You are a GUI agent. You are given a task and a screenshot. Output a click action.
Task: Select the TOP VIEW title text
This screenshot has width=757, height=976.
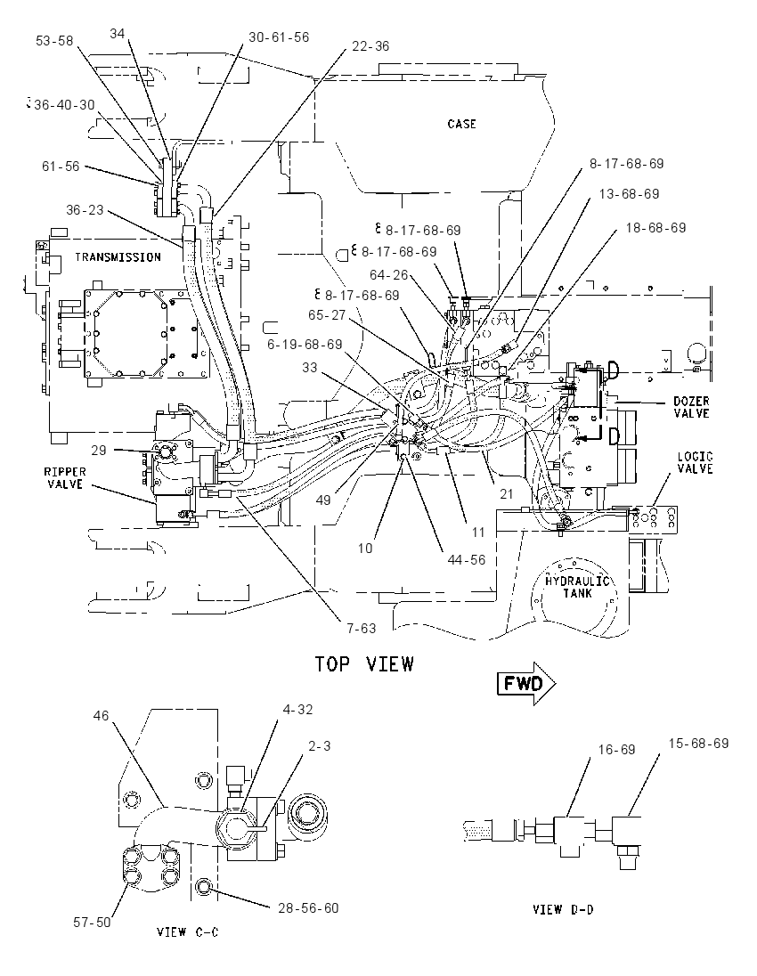(364, 664)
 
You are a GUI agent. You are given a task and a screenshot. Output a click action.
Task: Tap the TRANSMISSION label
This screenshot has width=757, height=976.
(118, 257)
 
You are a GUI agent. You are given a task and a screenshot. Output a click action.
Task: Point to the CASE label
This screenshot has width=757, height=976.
(462, 124)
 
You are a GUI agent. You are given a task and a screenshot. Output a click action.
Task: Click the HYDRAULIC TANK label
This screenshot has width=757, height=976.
(577, 587)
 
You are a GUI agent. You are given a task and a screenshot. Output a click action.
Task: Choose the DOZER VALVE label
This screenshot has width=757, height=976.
(692, 407)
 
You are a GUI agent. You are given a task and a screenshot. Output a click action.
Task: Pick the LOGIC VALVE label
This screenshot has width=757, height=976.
(696, 462)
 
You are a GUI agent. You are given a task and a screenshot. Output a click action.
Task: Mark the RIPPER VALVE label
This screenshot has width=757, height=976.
(65, 477)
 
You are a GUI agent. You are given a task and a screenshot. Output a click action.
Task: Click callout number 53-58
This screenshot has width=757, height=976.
(55, 41)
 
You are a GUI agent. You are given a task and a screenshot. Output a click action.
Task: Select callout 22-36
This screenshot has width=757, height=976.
(370, 46)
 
